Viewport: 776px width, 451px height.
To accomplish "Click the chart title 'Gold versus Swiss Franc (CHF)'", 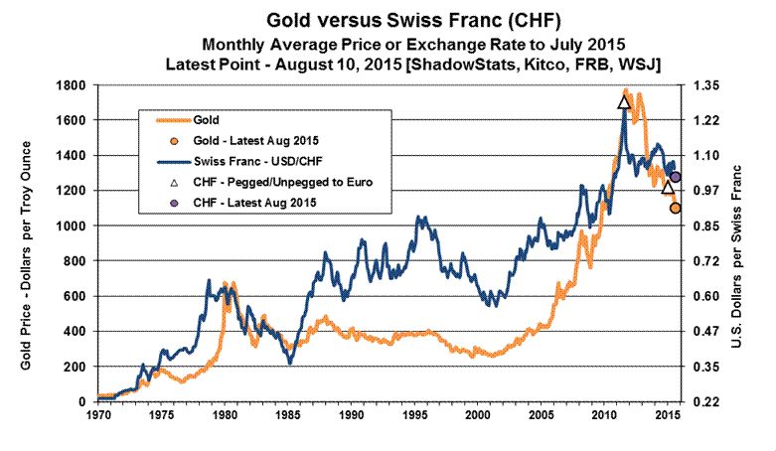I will (x=388, y=20).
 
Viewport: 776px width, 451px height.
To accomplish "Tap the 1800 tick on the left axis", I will (x=72, y=84).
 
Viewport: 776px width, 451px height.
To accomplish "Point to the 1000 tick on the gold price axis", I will (x=72, y=225).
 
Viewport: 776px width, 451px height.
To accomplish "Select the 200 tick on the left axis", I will (x=76, y=367).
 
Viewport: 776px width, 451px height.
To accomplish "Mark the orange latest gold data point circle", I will (x=676, y=208).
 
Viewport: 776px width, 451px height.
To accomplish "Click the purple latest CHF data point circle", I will (x=676, y=177).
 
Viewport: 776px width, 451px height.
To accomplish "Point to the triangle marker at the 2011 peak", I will (x=624, y=101).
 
